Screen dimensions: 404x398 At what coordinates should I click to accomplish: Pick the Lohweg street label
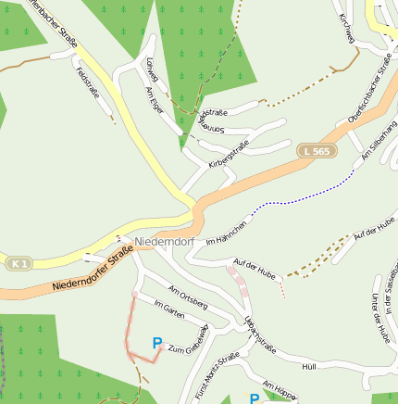point(127,69)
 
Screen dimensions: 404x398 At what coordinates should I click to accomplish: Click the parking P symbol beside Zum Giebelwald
point(157,343)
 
